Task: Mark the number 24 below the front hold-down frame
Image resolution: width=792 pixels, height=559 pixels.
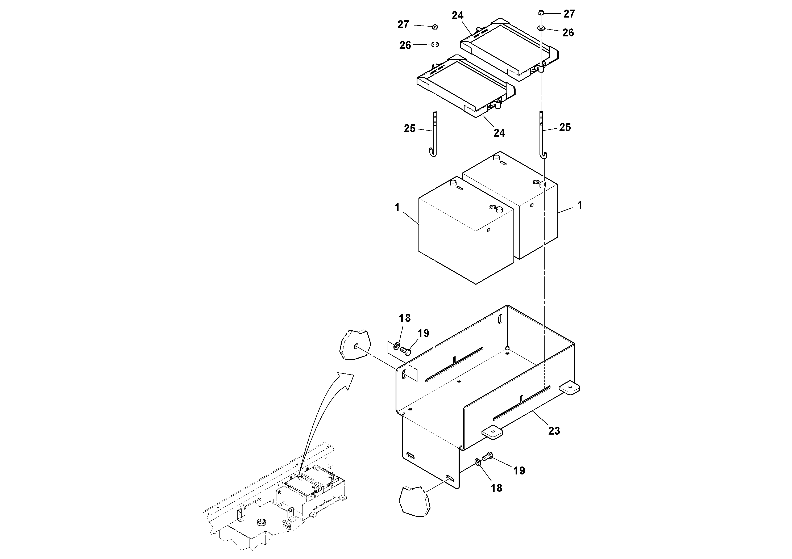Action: point(499,133)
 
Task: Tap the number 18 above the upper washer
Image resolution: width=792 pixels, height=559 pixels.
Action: point(405,318)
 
